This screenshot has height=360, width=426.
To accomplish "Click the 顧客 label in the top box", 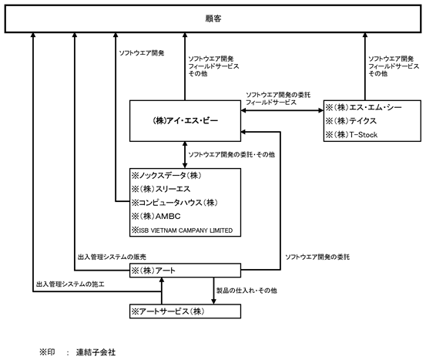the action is click(213, 19).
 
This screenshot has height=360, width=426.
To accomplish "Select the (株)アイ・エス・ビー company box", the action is click(185, 121).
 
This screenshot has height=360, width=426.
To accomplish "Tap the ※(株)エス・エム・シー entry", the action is click(364, 107).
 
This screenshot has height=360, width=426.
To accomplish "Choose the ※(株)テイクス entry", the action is click(351, 121).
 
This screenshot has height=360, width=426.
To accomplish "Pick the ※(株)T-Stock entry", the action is click(351, 135).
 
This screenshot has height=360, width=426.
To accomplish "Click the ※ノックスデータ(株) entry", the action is click(166, 176).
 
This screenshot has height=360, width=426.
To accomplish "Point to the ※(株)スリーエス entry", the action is click(161, 189).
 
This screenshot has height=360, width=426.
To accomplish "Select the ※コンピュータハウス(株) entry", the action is click(174, 203).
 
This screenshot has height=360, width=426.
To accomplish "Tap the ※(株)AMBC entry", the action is click(156, 216).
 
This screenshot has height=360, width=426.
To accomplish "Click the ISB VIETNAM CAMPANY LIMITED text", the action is click(186, 230).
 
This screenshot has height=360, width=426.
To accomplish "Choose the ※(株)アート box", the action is click(185, 271).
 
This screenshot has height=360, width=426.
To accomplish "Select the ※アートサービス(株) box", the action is click(185, 311).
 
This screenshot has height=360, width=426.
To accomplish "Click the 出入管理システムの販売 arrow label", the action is click(112, 257).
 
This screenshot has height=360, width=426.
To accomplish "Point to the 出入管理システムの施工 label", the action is click(70, 284).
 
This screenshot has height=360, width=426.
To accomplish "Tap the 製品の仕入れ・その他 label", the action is click(247, 291).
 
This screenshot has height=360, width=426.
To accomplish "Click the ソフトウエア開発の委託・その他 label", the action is click(231, 155).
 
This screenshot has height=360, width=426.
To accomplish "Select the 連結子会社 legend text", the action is click(96, 352).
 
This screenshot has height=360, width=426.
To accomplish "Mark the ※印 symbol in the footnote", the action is click(47, 352).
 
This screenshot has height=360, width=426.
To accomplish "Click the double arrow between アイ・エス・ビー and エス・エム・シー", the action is click(282, 110).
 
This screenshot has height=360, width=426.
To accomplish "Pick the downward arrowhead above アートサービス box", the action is click(213, 301).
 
